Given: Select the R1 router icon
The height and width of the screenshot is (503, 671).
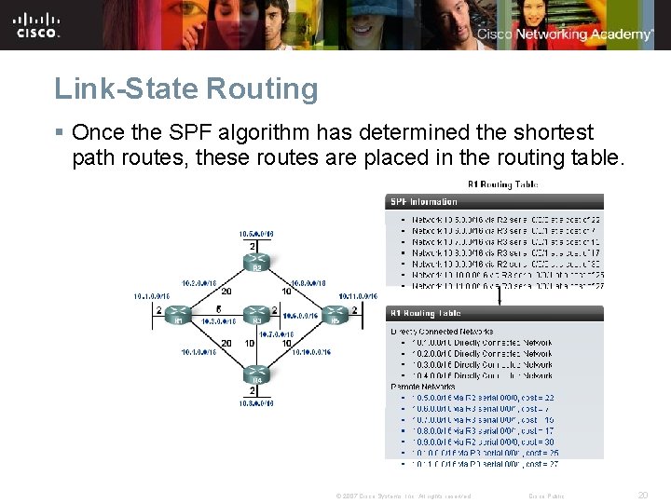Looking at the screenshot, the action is [x=178, y=314].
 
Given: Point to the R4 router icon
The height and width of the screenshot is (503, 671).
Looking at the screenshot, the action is [x=255, y=375].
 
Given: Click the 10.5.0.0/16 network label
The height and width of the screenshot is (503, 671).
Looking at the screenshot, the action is [x=255, y=232].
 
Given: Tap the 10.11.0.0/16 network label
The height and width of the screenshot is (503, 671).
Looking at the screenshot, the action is [x=358, y=296].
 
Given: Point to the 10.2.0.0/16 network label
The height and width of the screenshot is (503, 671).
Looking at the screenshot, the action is [x=199, y=282].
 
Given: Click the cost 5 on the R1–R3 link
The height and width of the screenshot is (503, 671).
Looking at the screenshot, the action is [x=218, y=308].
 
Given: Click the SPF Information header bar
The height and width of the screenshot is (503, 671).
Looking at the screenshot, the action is [x=494, y=201].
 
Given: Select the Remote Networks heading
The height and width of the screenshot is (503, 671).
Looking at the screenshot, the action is [x=422, y=386].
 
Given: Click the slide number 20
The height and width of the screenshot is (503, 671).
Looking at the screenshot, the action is [x=642, y=496].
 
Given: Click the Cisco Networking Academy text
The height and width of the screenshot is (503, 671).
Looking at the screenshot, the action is [x=565, y=34].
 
